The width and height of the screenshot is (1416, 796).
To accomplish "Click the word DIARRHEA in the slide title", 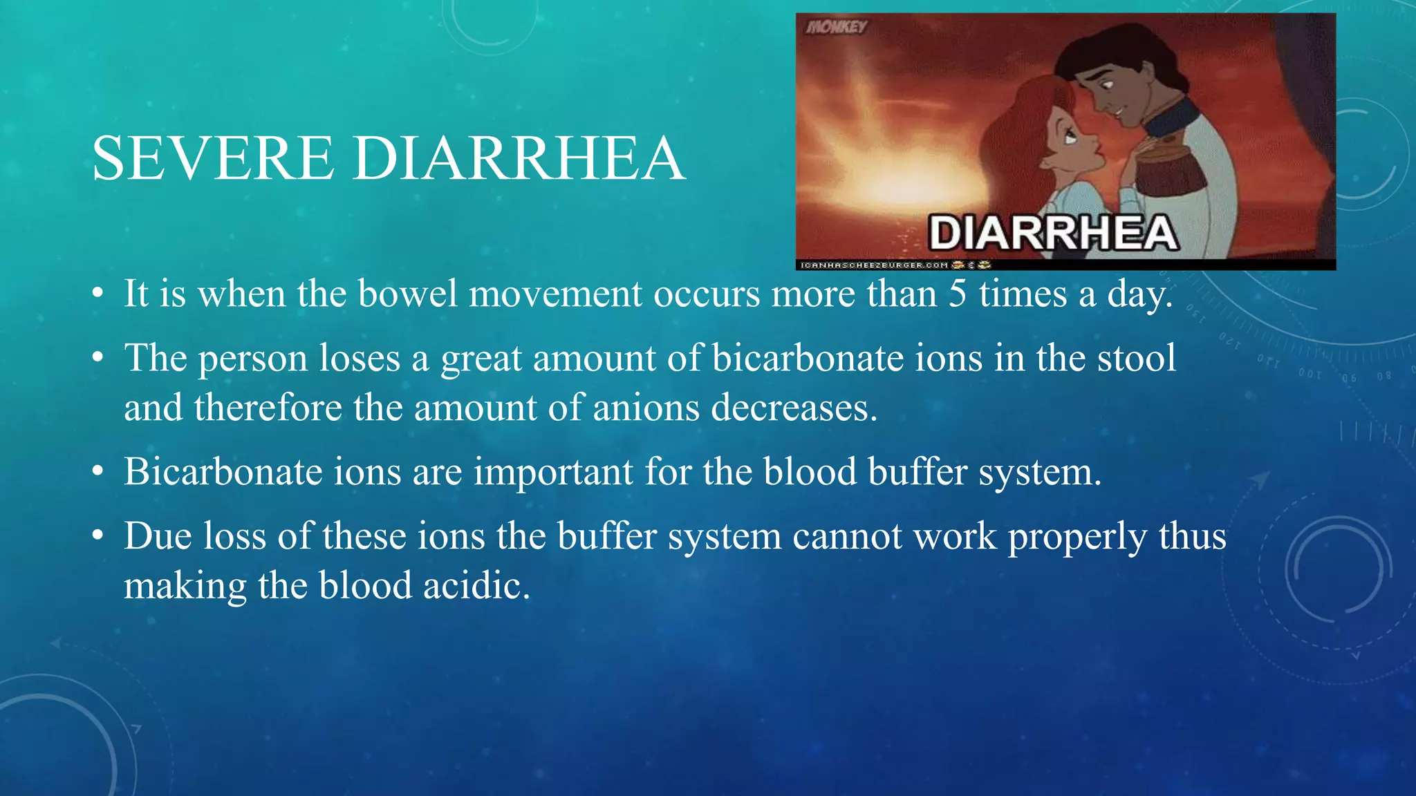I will pyautogui.click(x=519, y=158).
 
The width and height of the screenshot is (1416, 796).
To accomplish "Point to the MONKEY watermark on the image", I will pyautogui.click(x=837, y=27).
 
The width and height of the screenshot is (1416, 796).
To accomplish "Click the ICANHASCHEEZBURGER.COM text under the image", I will pyautogui.click(x=874, y=265).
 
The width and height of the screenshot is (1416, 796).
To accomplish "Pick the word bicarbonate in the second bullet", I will pyautogui.click(x=808, y=358).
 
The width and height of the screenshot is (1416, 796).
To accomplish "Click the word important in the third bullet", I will pyautogui.click(x=553, y=472).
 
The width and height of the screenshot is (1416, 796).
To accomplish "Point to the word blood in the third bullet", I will pyautogui.click(x=810, y=472).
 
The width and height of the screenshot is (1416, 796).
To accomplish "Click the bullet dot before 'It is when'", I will pyautogui.click(x=99, y=293).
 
